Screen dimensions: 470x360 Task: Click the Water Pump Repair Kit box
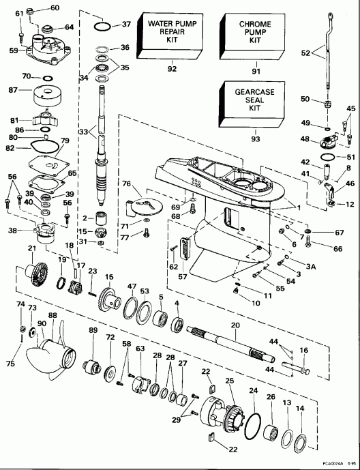(x=172, y=34)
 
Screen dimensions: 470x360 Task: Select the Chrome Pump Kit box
(x=254, y=34)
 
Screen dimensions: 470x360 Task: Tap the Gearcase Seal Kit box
(x=254, y=100)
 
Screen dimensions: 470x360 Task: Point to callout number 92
(x=172, y=68)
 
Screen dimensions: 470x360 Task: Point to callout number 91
(x=254, y=68)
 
